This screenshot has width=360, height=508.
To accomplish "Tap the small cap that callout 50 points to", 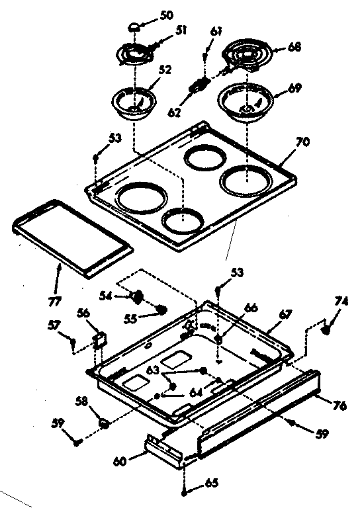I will [x=134, y=26].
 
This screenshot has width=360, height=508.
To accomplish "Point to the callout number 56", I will [x=83, y=314].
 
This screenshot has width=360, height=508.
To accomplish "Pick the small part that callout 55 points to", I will [x=160, y=309].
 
